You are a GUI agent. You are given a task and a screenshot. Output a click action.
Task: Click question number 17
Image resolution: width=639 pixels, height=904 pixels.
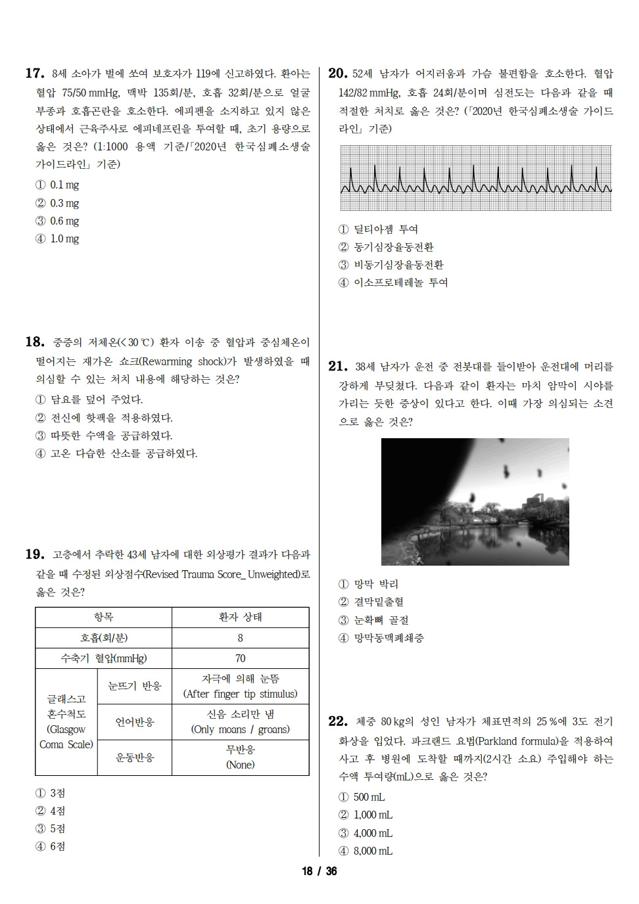coord(34,74)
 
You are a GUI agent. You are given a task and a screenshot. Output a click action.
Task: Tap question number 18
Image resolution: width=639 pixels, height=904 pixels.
coord(34,342)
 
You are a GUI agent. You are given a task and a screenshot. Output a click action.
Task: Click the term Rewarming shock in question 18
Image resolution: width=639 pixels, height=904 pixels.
coord(174,361)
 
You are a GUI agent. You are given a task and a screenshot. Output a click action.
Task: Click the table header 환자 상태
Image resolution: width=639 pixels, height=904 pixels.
coord(240,618)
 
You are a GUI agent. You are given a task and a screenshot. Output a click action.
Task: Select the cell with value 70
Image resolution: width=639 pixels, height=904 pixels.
coord(240,658)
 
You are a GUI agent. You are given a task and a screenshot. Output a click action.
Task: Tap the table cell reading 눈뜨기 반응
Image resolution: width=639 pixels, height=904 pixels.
coord(134,686)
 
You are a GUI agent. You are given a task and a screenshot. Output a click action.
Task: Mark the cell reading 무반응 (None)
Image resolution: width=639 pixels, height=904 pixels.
coord(240,757)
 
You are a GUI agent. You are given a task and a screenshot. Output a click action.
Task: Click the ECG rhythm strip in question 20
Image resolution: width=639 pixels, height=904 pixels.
coord(476,178)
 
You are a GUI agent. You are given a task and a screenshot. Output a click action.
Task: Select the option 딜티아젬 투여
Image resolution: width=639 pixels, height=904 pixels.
coord(379,229)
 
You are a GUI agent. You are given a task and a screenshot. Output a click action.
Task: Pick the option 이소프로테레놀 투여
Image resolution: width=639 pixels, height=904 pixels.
coord(393,282)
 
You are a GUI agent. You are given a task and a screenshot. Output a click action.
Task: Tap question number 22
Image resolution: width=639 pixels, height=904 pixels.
coord(337,722)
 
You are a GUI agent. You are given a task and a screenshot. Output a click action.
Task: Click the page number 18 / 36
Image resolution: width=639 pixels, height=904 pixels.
coord(319,872)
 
